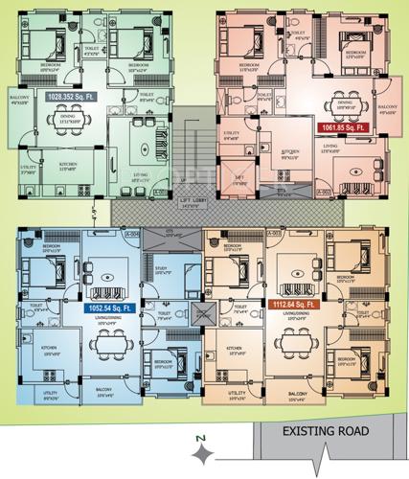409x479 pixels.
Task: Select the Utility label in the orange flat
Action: coord(236,393)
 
